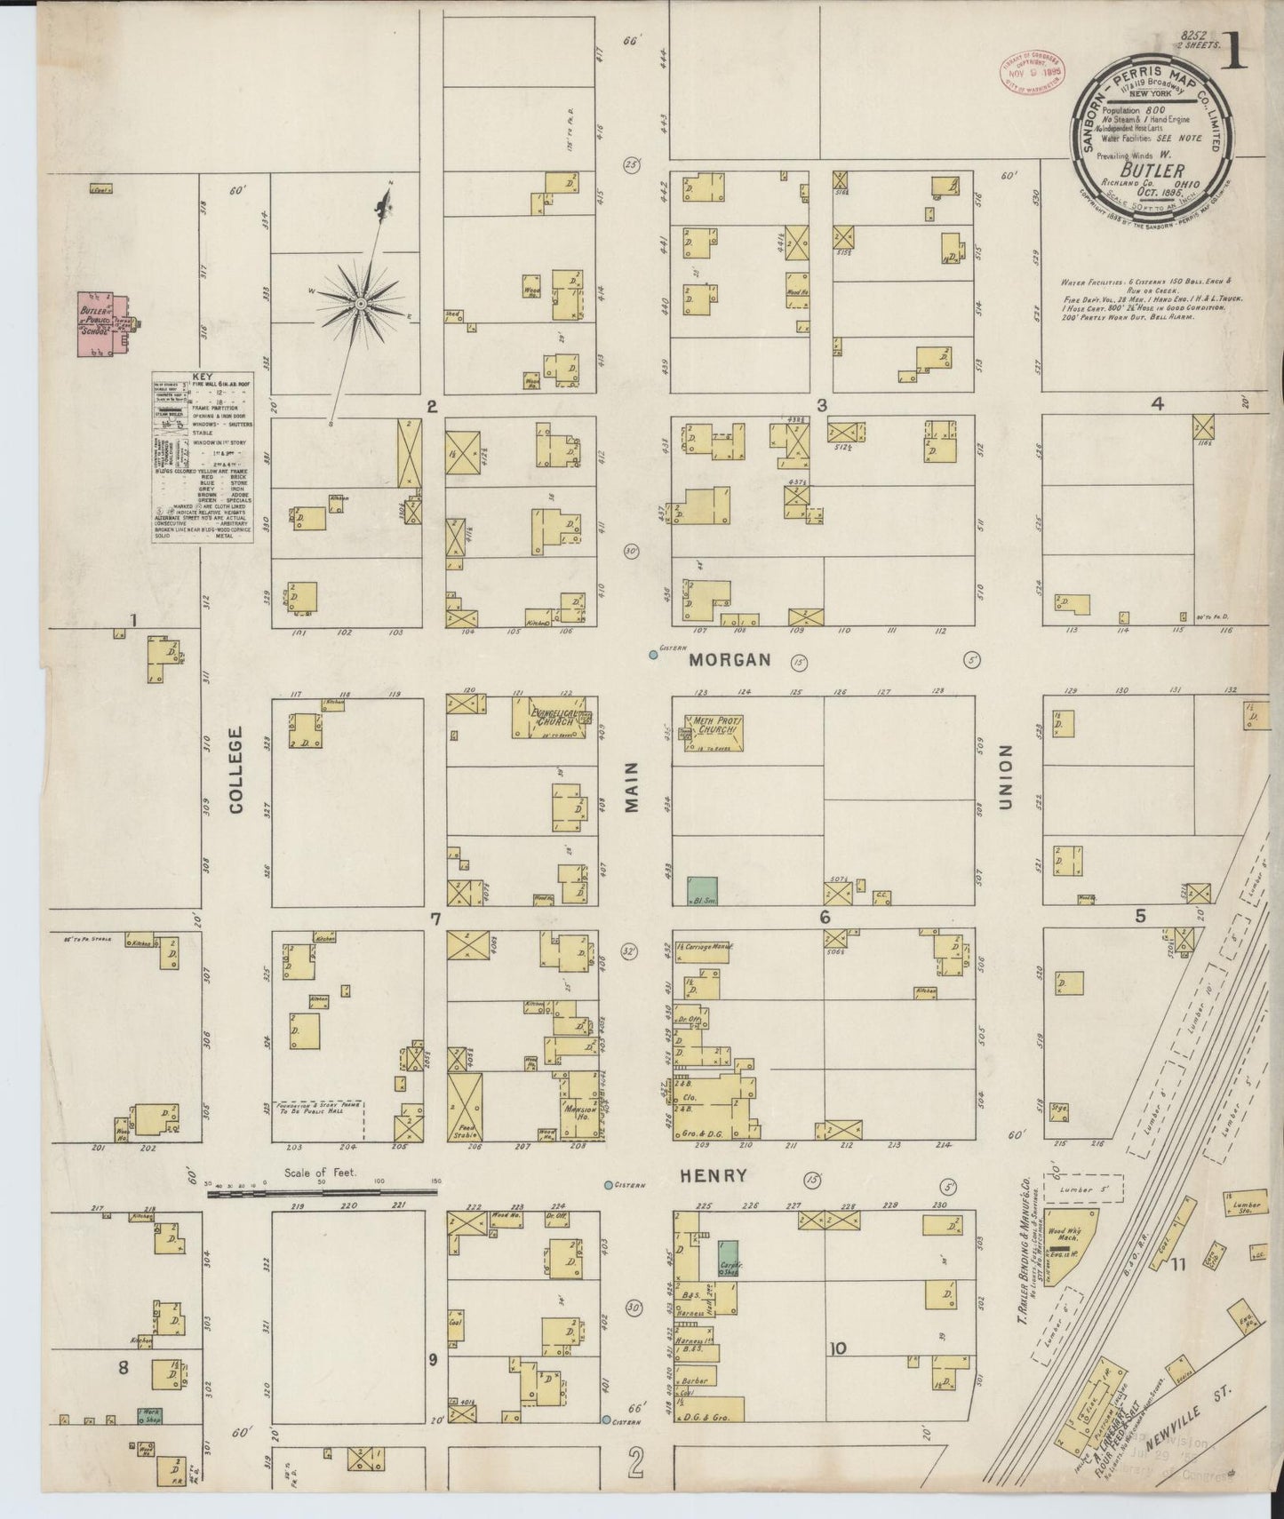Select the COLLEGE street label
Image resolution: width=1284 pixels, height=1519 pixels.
pyautogui.click(x=235, y=770)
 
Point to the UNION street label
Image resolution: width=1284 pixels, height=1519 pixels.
pyautogui.click(x=1006, y=777)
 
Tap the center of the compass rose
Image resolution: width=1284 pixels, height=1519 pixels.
pyautogui.click(x=361, y=304)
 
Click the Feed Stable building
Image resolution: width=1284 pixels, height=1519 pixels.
pyautogui.click(x=464, y=1107)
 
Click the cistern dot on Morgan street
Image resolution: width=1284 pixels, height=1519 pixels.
pyautogui.click(x=653, y=655)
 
